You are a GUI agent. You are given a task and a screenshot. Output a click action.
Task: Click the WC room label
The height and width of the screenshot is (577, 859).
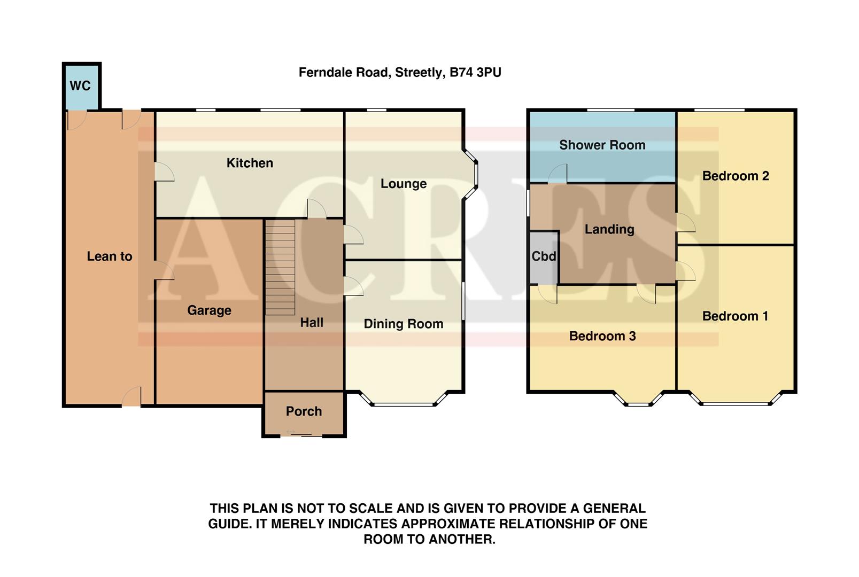tap(80, 86)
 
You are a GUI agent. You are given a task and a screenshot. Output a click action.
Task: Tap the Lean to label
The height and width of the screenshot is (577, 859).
tap(110, 256)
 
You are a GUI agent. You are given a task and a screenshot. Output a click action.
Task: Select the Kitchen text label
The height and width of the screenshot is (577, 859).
tap(250, 163)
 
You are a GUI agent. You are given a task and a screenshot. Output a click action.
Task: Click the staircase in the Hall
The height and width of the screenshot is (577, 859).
tap(280, 267)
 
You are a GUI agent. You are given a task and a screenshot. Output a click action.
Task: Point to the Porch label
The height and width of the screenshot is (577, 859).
tap(304, 411)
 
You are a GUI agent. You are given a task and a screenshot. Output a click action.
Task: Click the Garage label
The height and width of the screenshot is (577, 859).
tap(209, 310)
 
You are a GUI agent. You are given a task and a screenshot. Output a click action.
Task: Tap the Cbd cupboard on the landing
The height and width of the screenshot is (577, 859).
tap(544, 256)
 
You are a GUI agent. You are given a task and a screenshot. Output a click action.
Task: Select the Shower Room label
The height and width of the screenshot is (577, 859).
tap(602, 145)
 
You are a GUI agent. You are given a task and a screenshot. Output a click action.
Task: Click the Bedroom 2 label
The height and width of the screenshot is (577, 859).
tap(735, 176)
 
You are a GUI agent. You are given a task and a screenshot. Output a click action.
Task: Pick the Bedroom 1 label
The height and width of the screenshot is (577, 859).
tap(735, 316)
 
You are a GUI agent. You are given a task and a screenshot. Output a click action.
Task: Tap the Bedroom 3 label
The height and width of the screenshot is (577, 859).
tap(602, 336)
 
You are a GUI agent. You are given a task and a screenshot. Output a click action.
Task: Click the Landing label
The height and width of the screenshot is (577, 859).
tap(609, 229)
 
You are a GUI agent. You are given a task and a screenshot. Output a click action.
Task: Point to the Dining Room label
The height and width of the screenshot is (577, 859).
tap(403, 324)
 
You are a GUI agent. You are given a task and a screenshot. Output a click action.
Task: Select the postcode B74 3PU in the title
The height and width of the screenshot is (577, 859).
tap(475, 72)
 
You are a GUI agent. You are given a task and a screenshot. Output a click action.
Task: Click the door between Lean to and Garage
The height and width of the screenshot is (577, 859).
tap(163, 271)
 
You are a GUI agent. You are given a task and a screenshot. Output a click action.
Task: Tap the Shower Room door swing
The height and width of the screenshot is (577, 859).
tap(558, 174)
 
